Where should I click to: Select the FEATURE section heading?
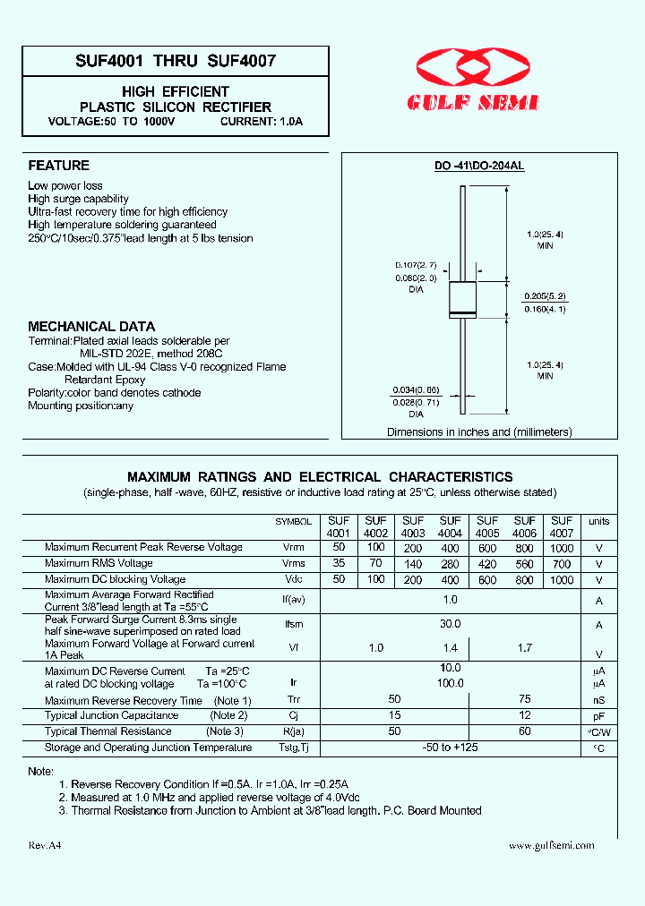point(58,166)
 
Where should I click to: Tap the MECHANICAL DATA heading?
point(91,327)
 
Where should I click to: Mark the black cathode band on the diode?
point(462,312)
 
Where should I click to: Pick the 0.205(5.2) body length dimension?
point(546,295)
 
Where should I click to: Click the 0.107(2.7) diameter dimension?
point(416,266)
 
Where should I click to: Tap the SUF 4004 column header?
point(451,527)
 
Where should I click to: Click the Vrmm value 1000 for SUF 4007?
point(562,547)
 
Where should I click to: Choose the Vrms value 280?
point(451,564)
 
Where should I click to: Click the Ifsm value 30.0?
point(451,624)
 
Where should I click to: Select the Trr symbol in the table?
point(294,701)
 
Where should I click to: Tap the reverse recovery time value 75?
point(524,699)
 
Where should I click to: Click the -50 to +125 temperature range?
point(451,748)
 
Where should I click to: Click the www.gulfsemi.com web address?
point(551,845)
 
